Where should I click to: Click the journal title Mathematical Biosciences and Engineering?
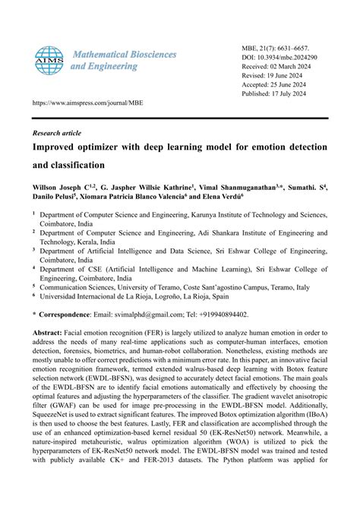123,60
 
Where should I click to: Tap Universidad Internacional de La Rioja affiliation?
114,297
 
